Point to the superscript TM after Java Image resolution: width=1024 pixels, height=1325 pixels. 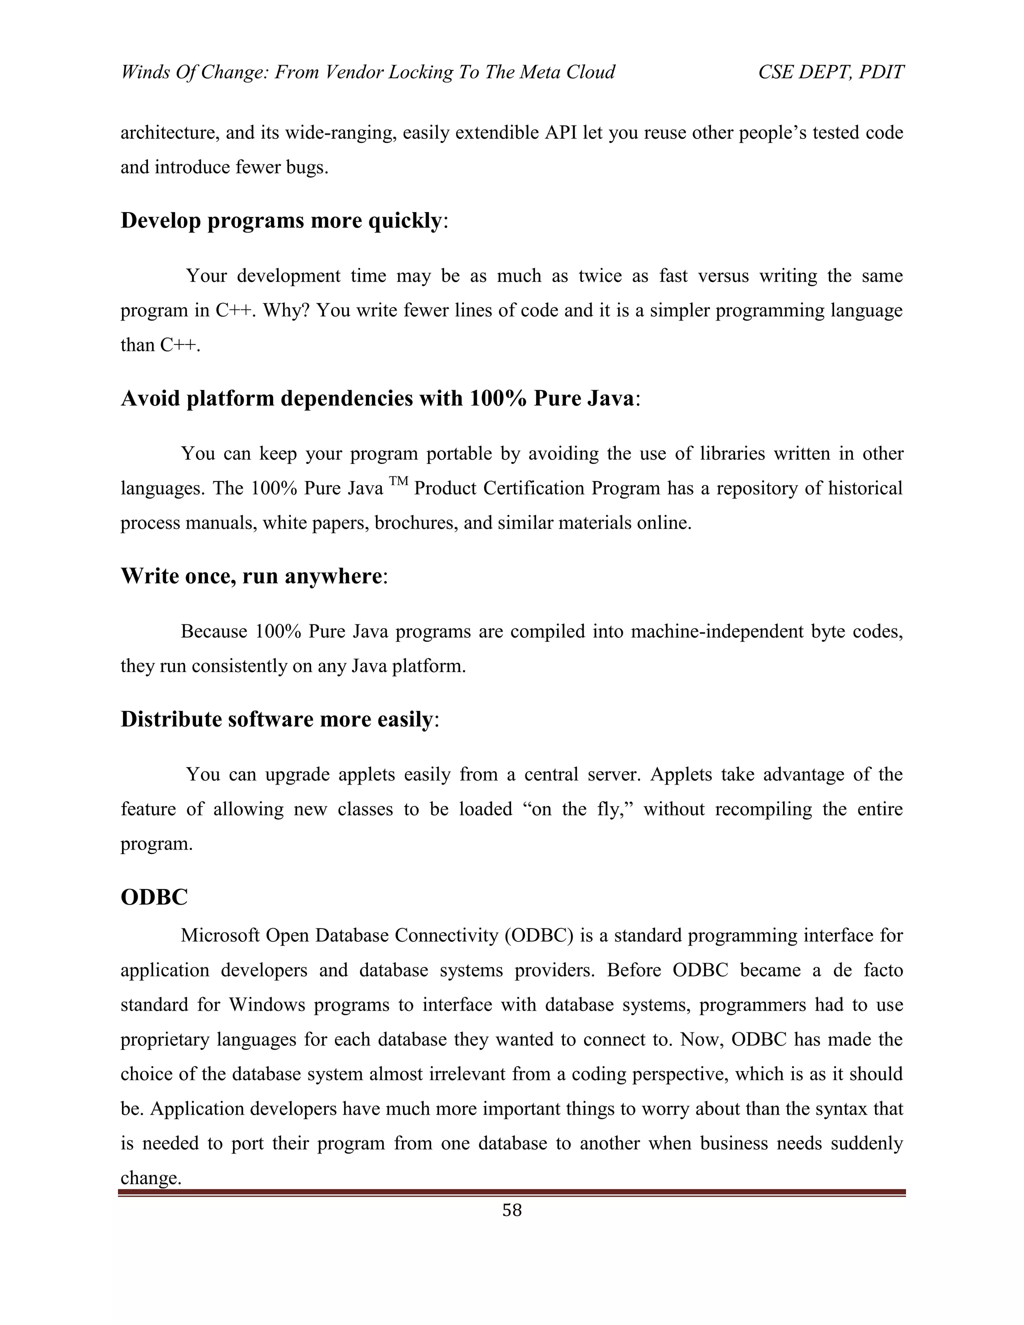pos(398,481)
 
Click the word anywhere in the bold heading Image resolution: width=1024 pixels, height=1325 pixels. pos(333,575)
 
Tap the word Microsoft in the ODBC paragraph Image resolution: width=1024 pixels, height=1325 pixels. pos(219,935)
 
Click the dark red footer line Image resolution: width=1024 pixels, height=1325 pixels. pos(512,1192)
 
